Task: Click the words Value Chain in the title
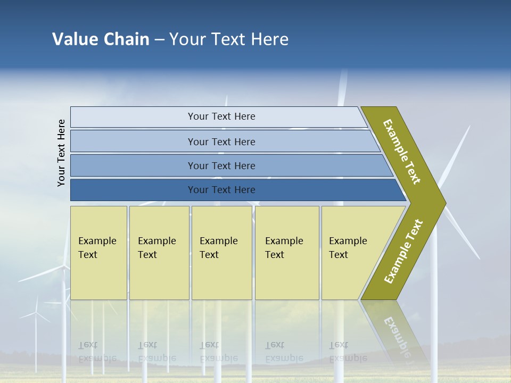pos(101,39)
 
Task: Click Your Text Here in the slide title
pos(229,39)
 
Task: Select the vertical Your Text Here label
pos(61,153)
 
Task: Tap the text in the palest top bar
pos(221,116)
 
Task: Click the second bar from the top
pos(221,141)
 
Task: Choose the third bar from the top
pos(221,165)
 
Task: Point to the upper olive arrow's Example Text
pos(402,152)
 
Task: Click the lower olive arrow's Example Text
pos(403,252)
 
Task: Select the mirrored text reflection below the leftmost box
pos(97,351)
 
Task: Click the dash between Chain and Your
pos(159,39)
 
